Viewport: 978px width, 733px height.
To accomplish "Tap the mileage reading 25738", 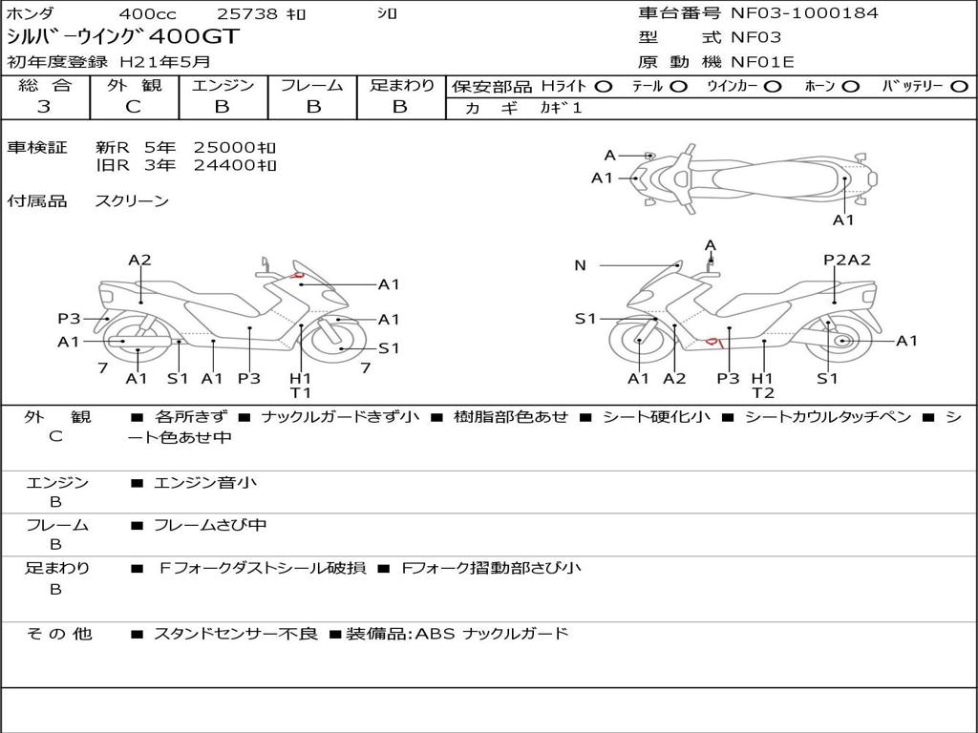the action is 247,14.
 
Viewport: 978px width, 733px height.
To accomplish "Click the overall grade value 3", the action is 44,107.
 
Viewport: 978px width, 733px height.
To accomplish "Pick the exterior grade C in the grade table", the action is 133,107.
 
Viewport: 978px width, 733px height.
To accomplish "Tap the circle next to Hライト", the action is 603,86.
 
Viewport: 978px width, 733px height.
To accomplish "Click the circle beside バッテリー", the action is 959,86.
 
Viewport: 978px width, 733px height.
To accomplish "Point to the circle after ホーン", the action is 850,86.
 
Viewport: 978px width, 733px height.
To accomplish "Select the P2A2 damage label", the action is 846,260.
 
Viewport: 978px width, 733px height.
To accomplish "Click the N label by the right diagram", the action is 580,265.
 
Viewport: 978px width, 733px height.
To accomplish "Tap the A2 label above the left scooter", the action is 140,260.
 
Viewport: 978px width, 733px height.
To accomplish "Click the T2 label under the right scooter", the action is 762,392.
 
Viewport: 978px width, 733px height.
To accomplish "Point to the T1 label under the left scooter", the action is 301,392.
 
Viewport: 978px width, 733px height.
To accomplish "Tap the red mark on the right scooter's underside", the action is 712,341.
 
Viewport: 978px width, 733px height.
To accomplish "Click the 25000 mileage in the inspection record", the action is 235,147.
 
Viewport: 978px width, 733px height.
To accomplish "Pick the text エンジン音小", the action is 205,483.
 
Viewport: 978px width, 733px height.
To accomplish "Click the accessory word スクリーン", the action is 132,200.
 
